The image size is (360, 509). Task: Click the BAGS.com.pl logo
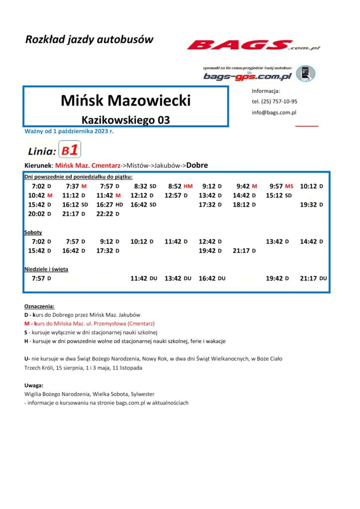pos(254,46)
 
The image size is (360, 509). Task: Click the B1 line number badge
pos(70,150)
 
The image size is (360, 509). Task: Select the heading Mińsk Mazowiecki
pos(125,101)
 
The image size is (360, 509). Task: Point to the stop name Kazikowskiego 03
pos(125,120)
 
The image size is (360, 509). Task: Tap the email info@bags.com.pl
pos(274,112)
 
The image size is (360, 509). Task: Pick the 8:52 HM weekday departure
pos(180,186)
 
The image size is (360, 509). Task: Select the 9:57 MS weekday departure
pos(281,186)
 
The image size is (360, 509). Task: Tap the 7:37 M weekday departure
pos(76,186)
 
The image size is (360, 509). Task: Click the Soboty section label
pos(33,232)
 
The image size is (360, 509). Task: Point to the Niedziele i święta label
pos(46,269)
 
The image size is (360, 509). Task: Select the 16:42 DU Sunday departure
pos(211,278)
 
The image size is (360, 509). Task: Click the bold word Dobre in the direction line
pos(197,166)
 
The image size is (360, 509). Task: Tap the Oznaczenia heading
pos(39,307)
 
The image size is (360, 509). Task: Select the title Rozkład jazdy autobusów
pos(90,40)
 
